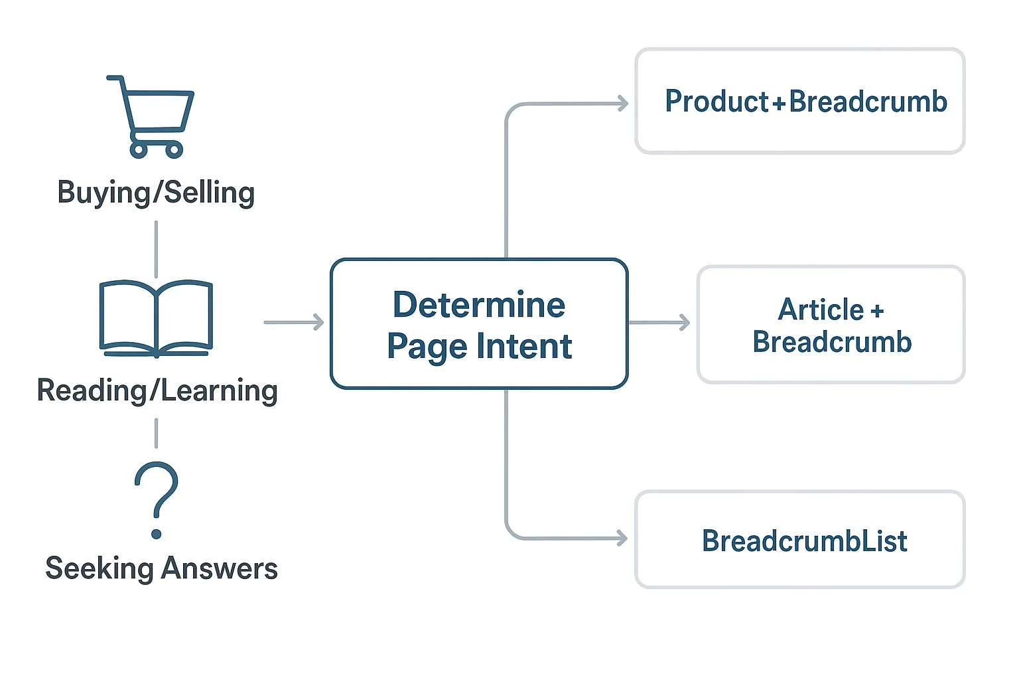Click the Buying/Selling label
tap(156, 193)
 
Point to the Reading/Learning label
tap(157, 390)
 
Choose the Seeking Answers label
tap(161, 568)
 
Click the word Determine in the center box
tap(479, 305)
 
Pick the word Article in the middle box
tap(821, 309)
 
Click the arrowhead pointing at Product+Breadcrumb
tap(623, 103)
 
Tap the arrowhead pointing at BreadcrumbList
tap(622, 538)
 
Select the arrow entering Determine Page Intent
tap(294, 322)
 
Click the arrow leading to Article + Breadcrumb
tap(659, 323)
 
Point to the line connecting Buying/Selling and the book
tap(156, 249)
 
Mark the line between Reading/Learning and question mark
tap(156, 433)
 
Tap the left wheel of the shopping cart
tap(139, 150)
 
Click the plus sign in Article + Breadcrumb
tap(877, 311)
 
